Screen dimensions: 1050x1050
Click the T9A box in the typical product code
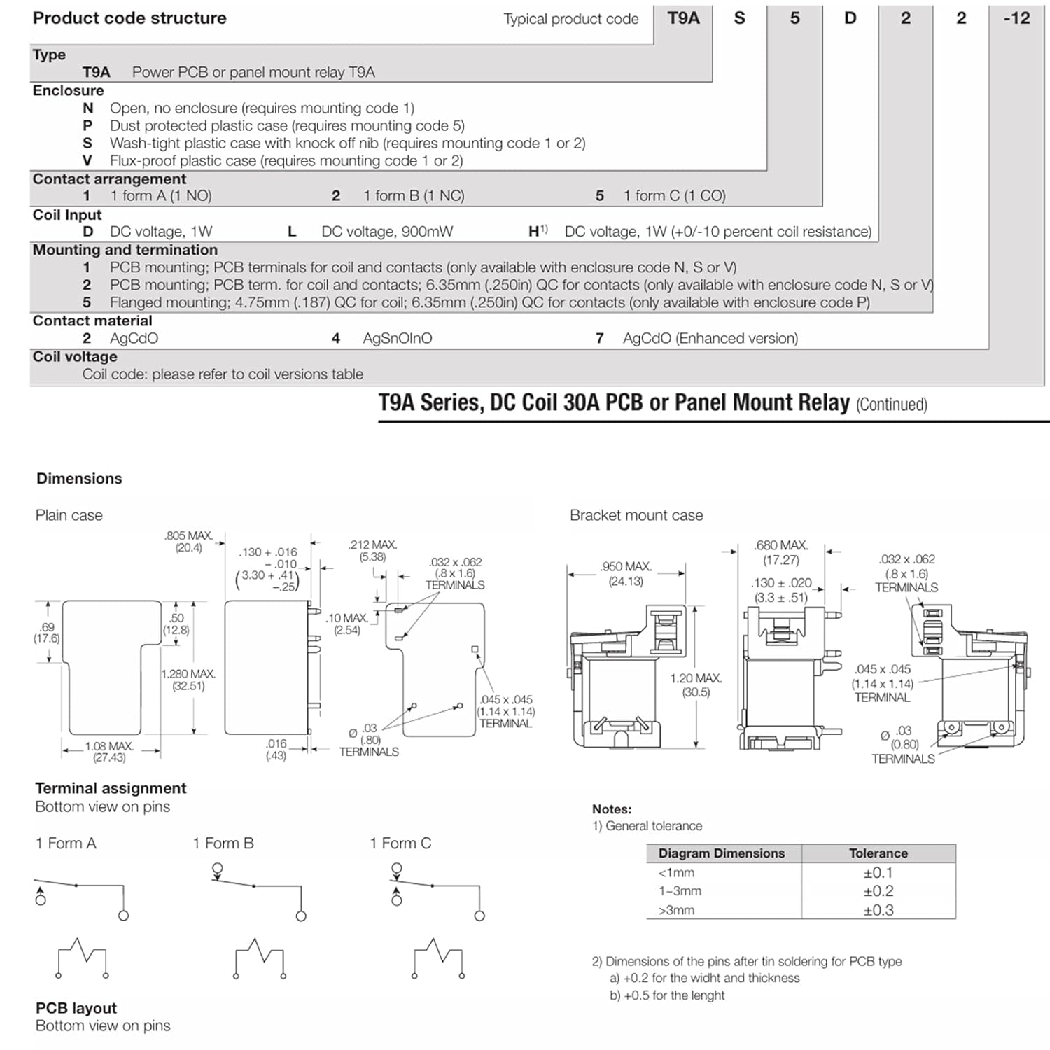click(683, 19)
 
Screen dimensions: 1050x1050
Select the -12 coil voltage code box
click(1016, 19)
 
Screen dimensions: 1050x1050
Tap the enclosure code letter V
click(87, 160)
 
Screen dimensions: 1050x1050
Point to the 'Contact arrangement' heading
click(109, 178)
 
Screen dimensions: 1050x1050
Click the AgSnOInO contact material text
click(397, 338)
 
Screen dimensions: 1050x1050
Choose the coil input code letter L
click(292, 232)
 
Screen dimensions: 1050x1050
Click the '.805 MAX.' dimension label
click(188, 536)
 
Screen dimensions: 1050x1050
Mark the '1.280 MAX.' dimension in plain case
click(188, 674)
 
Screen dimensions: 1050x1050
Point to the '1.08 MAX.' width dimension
click(109, 746)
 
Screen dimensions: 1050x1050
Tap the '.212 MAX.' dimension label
click(372, 545)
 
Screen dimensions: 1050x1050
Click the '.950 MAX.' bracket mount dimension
click(625, 566)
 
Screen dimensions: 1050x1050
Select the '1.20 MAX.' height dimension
click(695, 678)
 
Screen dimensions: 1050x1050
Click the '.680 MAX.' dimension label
click(780, 545)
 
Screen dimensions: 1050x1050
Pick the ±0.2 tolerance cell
click(878, 891)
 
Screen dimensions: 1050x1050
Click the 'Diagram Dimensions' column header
click(721, 853)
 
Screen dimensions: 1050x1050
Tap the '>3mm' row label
click(676, 910)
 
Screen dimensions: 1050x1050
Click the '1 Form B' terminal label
click(223, 843)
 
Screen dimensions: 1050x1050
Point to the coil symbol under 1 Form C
click(437, 957)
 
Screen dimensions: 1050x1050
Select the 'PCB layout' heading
click(76, 1008)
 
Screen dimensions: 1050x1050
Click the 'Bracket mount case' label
click(636, 515)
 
